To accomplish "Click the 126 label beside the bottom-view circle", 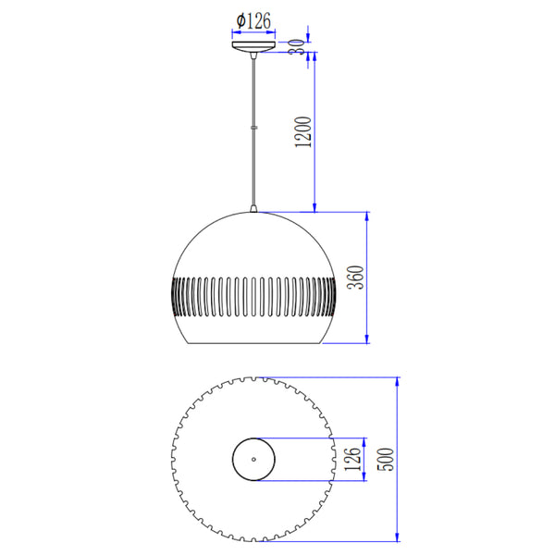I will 351,458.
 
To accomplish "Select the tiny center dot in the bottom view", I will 253,458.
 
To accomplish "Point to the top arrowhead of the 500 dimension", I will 398,381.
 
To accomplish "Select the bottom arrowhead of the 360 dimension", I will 369,339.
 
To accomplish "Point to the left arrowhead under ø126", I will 232,33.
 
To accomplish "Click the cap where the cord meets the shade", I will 253,208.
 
